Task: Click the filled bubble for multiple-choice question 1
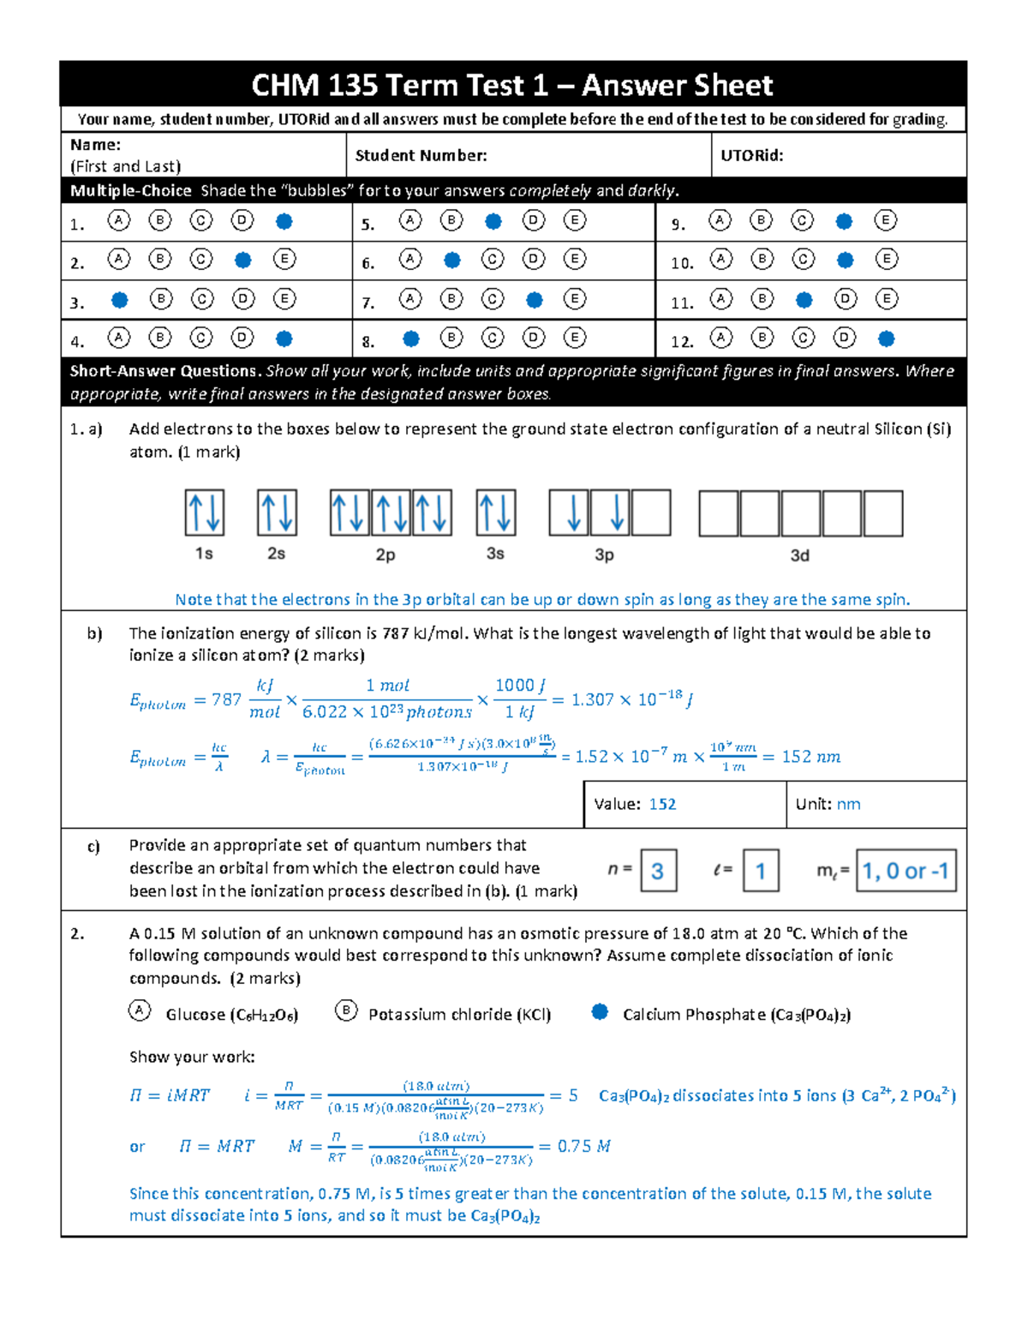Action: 284,221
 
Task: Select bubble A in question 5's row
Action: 410,221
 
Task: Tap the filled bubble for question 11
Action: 804,300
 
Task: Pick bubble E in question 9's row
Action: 885,221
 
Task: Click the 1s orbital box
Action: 205,513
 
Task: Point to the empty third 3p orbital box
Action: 651,513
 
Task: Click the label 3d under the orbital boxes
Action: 799,555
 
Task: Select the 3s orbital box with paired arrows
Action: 496,513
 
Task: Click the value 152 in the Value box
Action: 662,804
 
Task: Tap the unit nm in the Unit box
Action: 848,804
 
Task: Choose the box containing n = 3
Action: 658,871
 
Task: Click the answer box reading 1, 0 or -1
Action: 905,871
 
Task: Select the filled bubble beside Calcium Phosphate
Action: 600,1012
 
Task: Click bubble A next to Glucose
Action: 140,1010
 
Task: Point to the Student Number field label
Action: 421,155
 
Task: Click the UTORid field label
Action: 751,155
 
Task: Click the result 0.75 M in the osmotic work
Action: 583,1146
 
